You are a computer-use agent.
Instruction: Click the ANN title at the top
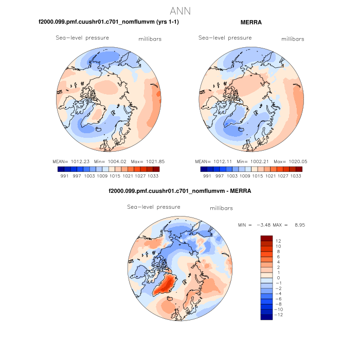180,11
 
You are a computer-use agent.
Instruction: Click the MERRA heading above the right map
251,22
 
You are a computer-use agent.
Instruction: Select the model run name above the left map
109,22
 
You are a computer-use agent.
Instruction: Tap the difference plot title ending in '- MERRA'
180,191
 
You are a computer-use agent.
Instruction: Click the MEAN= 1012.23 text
73,161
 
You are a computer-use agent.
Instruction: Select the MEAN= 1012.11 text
214,161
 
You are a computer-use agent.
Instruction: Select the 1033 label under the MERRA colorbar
295,176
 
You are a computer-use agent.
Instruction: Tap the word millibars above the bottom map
222,208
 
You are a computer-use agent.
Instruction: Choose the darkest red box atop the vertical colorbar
266,239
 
